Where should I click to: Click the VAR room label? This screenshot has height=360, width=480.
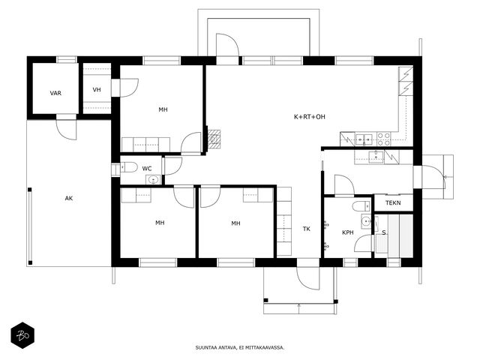(x=55, y=93)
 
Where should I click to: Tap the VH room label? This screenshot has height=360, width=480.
(x=97, y=90)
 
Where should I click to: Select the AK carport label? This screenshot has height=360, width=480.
(x=69, y=198)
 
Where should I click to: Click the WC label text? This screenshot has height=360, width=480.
(x=147, y=169)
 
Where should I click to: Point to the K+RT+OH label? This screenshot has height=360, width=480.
(x=310, y=117)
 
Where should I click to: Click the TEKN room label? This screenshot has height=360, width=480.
(x=393, y=203)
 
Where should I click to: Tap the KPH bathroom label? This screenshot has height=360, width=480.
(x=348, y=232)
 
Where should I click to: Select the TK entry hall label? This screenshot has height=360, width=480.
(x=307, y=229)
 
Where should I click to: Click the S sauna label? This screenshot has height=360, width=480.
(x=383, y=233)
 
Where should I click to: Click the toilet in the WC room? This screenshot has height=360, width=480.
(x=128, y=167)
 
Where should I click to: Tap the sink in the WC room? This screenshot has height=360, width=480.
(x=153, y=180)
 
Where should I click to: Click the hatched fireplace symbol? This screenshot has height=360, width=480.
(x=214, y=139)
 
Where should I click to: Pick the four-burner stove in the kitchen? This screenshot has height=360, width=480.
(x=383, y=139)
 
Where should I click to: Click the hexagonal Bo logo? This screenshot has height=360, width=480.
(x=22, y=335)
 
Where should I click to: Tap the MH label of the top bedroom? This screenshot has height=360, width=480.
(x=163, y=109)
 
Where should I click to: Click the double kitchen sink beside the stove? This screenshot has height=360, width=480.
(x=364, y=139)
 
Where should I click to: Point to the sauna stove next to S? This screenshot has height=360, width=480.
(x=382, y=244)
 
